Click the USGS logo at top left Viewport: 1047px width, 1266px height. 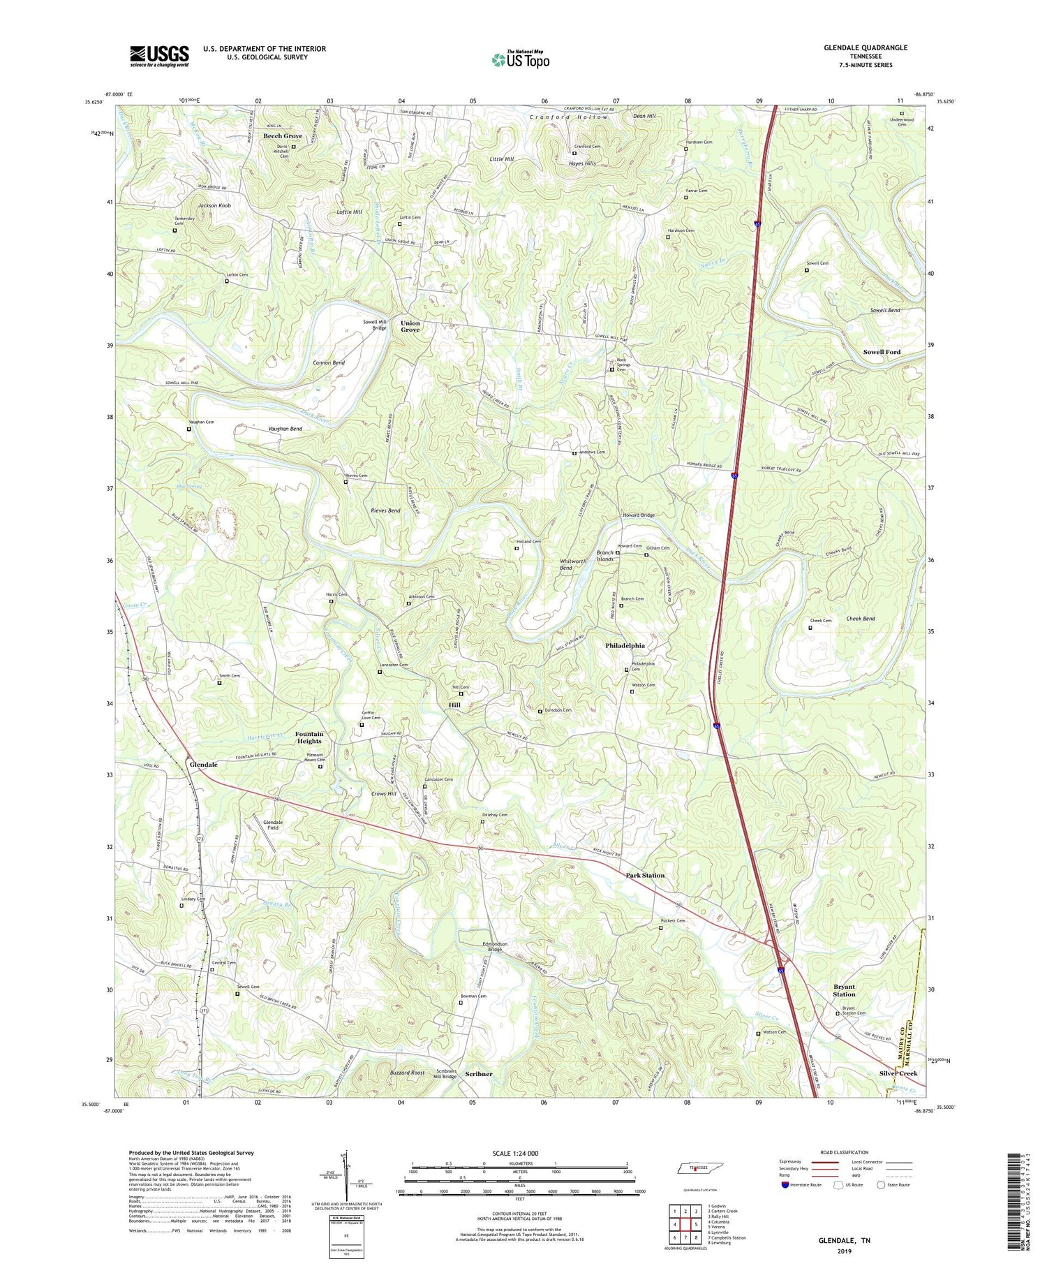[x=159, y=56]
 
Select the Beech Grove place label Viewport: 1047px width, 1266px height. [x=283, y=135]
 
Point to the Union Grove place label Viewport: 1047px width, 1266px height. [x=410, y=326]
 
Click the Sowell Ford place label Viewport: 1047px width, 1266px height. [x=882, y=352]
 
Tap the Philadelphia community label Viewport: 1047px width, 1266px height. [x=625, y=645]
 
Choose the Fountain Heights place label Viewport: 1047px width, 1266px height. [x=309, y=737]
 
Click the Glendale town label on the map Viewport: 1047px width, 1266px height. [x=204, y=765]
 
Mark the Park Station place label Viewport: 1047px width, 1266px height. [x=645, y=875]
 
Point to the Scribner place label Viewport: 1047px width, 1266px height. [x=479, y=1074]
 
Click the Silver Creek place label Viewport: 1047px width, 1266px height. [x=898, y=1073]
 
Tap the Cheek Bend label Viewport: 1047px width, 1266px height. [x=860, y=619]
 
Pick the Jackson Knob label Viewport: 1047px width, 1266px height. [x=214, y=206]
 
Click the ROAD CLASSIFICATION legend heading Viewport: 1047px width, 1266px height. [x=845, y=1152]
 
